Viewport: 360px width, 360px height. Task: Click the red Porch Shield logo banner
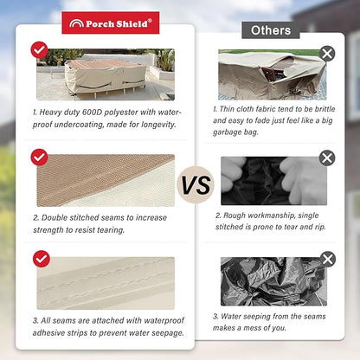[111, 22]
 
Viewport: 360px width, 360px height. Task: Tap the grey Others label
[271, 30]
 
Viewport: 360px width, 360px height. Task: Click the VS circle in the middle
[196, 185]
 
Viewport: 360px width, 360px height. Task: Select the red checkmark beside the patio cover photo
[40, 50]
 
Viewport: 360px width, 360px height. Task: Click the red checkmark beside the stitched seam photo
[39, 157]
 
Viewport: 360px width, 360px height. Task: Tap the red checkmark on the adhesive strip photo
[42, 259]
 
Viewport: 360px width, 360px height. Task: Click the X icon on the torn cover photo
[327, 54]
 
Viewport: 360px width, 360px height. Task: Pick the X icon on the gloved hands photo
[327, 157]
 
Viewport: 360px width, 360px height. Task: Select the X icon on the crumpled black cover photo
[328, 259]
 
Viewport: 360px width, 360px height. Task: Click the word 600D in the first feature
[93, 112]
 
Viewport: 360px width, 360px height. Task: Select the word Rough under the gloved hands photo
[235, 215]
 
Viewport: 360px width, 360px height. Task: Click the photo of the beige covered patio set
[106, 74]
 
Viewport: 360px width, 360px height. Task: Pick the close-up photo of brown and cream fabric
[106, 181]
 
